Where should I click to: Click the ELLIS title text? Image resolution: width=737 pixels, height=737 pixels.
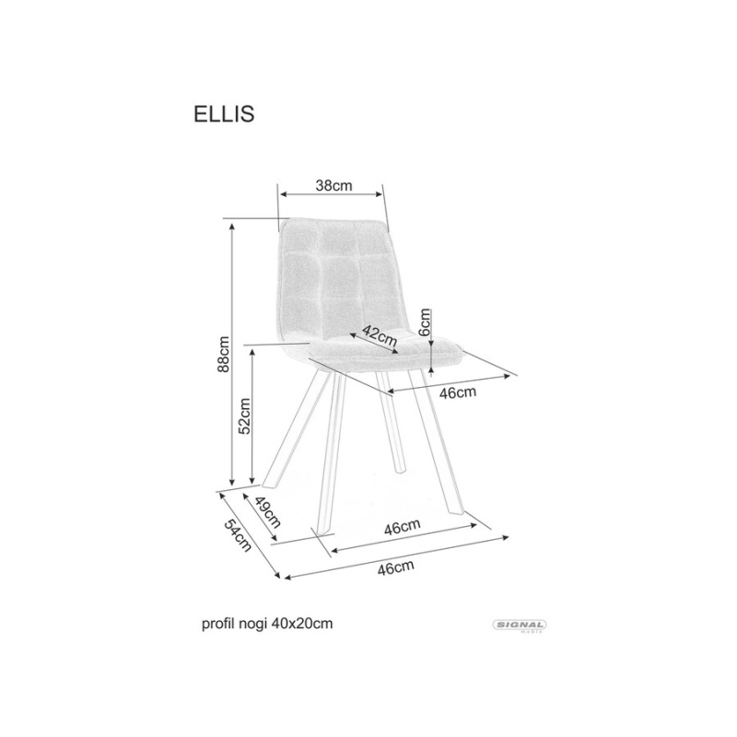(224, 113)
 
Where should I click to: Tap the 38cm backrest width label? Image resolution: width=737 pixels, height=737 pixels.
(333, 186)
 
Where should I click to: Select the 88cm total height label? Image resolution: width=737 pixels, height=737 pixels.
(223, 354)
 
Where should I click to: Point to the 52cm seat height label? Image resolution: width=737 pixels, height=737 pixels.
(244, 416)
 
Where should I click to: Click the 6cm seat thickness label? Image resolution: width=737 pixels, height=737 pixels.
(425, 322)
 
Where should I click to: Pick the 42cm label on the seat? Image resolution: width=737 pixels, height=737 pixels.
(380, 335)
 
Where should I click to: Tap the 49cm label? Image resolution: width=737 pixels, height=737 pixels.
(267, 512)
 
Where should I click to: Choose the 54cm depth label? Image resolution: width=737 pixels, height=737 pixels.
(238, 536)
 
